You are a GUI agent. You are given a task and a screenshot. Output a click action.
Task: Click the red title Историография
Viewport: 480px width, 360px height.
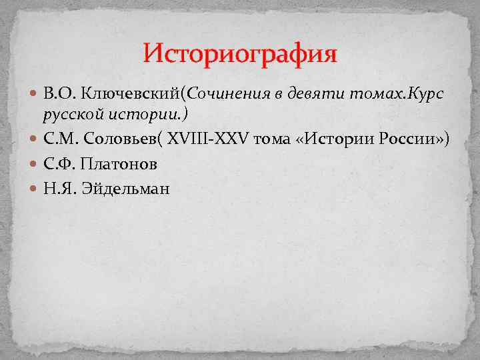click(x=240, y=53)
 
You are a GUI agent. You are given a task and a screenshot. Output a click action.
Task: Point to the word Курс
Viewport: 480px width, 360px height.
click(x=421, y=93)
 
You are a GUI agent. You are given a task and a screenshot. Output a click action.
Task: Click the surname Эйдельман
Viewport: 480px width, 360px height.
click(x=126, y=189)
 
